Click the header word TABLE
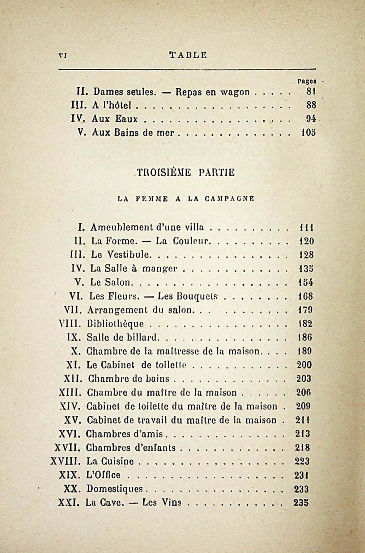pos(188,55)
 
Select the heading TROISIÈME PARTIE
pos(186,172)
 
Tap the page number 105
pos(308,133)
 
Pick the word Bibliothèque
pos(115,324)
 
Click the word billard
pos(142,337)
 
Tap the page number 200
pos(304,365)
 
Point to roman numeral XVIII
pos(66,461)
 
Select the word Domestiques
pos(115,489)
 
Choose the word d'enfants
pos(155,447)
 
